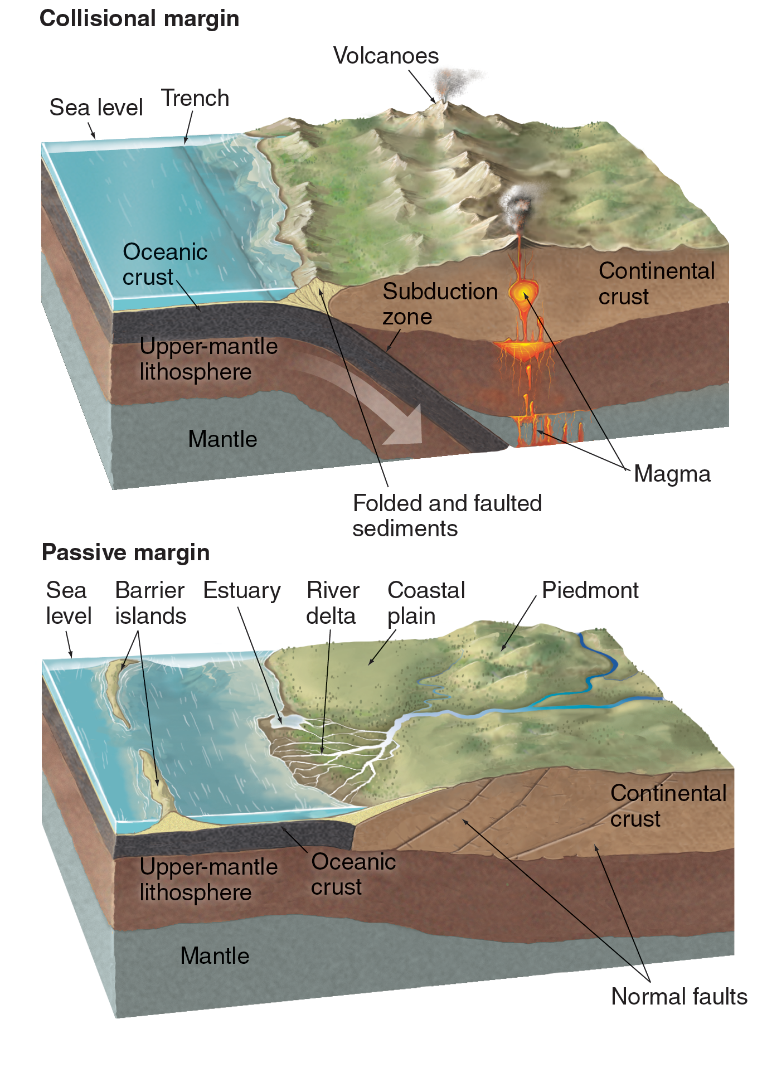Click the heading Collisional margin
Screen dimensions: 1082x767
(x=139, y=19)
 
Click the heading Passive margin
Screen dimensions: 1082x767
(x=125, y=552)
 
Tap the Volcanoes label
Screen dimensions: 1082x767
(x=386, y=56)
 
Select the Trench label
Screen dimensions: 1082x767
(x=195, y=98)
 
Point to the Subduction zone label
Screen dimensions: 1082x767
(x=439, y=304)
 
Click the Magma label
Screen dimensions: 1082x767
(x=672, y=474)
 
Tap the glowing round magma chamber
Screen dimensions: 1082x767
(x=523, y=292)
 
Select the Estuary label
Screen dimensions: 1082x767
(x=241, y=590)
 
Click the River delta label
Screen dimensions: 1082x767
(x=332, y=603)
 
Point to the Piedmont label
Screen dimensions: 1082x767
(x=590, y=590)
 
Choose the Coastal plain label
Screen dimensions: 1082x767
(x=426, y=603)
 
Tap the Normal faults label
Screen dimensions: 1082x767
(x=679, y=996)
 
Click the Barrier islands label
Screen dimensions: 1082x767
(x=150, y=603)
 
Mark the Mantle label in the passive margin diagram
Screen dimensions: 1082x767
(x=215, y=956)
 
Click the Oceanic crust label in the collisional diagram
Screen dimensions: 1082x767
(x=164, y=264)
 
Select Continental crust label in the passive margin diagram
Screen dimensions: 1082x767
(x=668, y=806)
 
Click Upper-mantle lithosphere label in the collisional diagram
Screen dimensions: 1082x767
(x=208, y=359)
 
